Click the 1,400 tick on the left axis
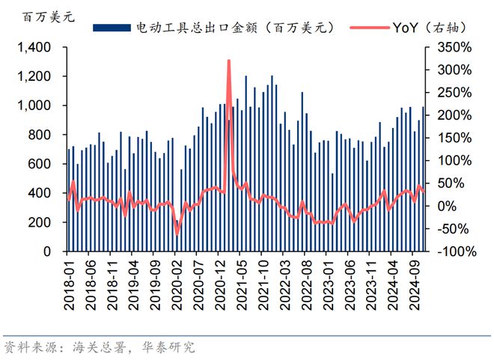(x=35, y=48)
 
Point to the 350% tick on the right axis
(x=454, y=48)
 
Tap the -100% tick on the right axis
(x=454, y=252)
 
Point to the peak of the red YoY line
(x=228, y=61)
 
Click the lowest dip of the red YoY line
(x=177, y=234)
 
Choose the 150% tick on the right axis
(x=454, y=138)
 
